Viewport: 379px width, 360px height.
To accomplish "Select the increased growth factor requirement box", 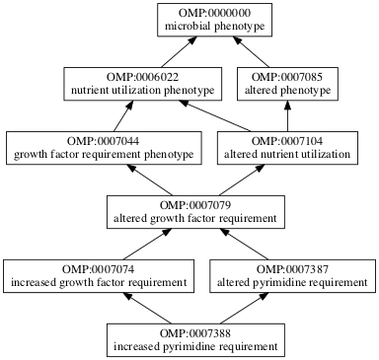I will tap(98, 275).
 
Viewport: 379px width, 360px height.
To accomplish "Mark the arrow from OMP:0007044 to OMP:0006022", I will tap(123, 116).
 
